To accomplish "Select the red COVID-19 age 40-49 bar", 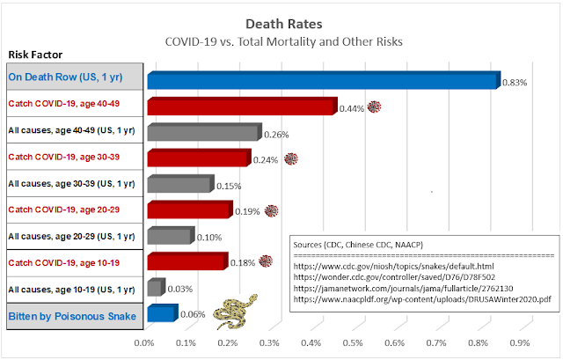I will [241, 107].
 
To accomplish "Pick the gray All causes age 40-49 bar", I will [203, 132].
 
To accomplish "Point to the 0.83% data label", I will [515, 83].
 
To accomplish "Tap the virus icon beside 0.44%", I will [375, 107].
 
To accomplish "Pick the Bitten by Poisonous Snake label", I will [70, 314].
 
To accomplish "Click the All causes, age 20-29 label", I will [70, 236].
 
